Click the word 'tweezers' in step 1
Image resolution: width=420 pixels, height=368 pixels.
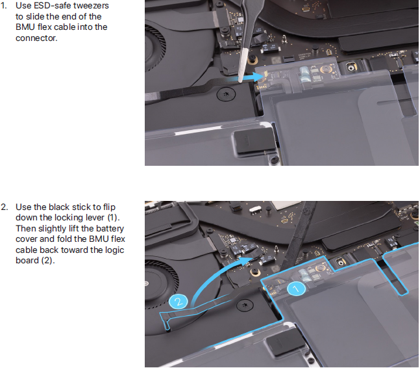tap(91, 6)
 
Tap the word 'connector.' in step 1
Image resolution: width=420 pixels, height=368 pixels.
tap(36, 38)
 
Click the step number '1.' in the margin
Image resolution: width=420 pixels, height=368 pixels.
tap(4, 6)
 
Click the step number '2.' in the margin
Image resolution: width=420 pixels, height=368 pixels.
tap(5, 207)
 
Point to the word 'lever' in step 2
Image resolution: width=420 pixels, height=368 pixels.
tap(95, 218)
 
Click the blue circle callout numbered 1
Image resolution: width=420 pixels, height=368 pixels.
tap(296, 289)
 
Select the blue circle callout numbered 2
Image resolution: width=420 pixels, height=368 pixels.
tap(179, 302)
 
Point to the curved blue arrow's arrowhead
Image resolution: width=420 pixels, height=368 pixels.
tap(246, 261)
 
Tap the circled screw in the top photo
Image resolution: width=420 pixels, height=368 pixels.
tap(226, 94)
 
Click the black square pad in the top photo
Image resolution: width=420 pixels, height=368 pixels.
tap(254, 141)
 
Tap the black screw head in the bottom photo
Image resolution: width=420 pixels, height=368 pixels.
tap(245, 305)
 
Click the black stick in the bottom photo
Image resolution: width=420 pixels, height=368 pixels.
tap(298, 236)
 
